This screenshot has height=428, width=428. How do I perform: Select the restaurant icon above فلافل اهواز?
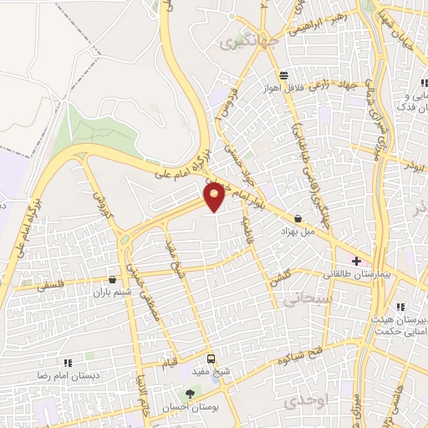coord(284,74)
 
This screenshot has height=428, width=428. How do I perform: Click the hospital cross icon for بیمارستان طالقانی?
coord(357,261)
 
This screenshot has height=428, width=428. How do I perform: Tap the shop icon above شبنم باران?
coord(113,279)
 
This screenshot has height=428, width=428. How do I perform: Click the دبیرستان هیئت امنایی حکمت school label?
coord(393,319)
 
